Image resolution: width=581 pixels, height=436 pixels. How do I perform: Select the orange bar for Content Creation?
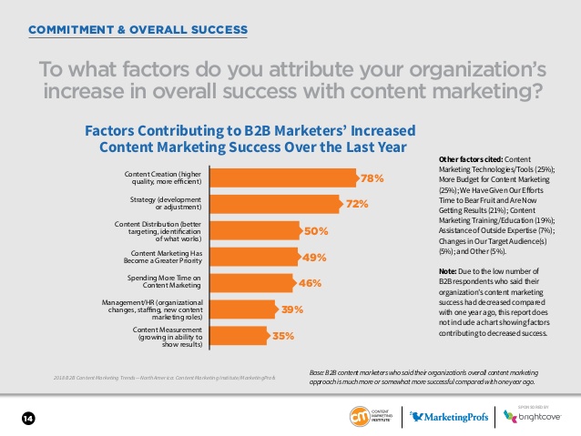282,178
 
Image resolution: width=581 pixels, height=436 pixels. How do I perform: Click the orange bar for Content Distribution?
254,231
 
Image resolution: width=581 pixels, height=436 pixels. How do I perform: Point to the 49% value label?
312,258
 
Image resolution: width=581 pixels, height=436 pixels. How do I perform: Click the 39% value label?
292,309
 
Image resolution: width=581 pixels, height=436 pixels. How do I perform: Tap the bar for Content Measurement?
240,336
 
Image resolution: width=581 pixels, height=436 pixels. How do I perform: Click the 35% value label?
283,336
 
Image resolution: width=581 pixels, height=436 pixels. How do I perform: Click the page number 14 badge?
27,418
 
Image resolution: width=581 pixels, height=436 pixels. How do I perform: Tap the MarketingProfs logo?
444,417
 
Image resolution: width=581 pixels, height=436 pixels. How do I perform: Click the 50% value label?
315,231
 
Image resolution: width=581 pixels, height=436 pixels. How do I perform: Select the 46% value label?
310,283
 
